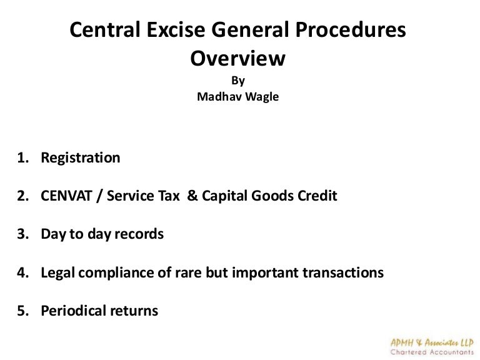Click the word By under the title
237,80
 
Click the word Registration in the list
80,157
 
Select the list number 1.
20,157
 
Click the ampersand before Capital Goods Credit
191,196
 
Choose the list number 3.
20,234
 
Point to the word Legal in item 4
57,273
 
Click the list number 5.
20,311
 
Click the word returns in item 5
135,311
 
